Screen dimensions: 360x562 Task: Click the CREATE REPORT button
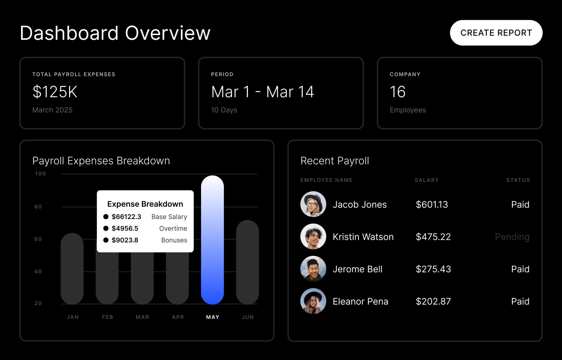(x=496, y=33)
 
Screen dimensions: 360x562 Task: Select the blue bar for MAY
(x=212, y=240)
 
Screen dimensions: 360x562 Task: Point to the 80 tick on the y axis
(x=38, y=207)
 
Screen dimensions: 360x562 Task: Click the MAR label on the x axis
(x=142, y=317)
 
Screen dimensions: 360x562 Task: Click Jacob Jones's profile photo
(x=313, y=204)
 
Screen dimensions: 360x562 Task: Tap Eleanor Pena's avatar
(x=313, y=301)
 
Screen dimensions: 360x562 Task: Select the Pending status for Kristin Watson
(x=512, y=237)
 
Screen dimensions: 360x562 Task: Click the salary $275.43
(x=433, y=269)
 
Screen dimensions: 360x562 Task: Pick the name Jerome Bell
(x=357, y=269)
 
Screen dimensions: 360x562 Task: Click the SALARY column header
(x=426, y=180)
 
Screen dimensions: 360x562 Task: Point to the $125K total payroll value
(x=55, y=92)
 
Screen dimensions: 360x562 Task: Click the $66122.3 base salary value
(x=126, y=217)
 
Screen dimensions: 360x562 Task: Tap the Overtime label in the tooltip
(x=173, y=228)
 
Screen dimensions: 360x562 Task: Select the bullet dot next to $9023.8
(x=106, y=240)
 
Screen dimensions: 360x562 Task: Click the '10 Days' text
(x=224, y=110)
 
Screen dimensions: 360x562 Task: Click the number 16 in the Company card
(x=397, y=92)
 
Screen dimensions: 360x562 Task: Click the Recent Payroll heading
(x=335, y=161)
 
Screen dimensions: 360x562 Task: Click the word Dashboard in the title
(x=69, y=33)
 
